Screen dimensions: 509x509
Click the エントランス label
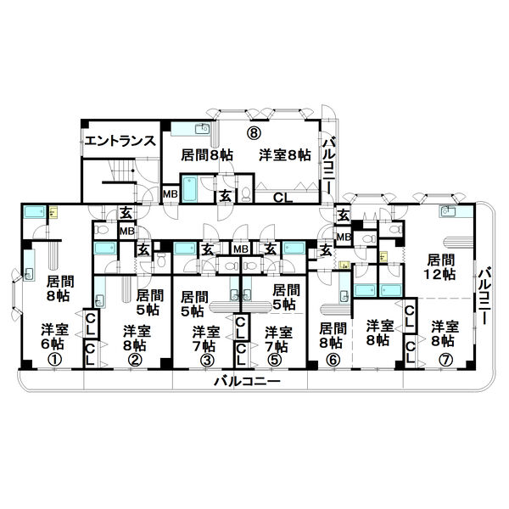click(x=120, y=141)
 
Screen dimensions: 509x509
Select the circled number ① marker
click(x=55, y=360)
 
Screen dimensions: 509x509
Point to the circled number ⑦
click(x=445, y=360)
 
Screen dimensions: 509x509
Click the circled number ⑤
click(x=275, y=360)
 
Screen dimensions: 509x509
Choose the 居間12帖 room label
click(x=440, y=267)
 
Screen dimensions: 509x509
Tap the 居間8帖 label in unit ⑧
click(x=206, y=155)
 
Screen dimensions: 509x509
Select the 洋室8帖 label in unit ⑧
click(x=285, y=155)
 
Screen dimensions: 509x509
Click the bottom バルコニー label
click(x=247, y=381)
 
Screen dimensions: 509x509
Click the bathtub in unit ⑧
click(x=190, y=189)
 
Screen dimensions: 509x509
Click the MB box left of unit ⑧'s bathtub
click(x=171, y=194)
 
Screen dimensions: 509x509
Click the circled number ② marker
click(x=135, y=360)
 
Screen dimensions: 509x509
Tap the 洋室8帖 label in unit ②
click(x=137, y=338)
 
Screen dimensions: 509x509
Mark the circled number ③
click(x=208, y=360)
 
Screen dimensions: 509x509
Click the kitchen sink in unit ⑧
click(x=202, y=129)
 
